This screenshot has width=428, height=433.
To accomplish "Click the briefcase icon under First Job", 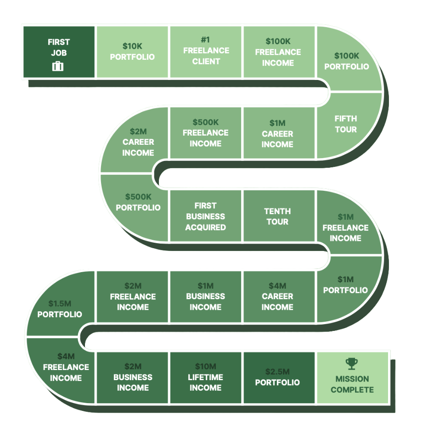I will tap(58, 67).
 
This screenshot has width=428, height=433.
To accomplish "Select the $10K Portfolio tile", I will tap(132, 51).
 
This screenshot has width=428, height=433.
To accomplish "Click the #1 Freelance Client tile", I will tap(206, 51).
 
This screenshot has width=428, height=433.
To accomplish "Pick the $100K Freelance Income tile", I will tap(278, 52).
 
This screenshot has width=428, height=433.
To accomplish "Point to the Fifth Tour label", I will tap(346, 124).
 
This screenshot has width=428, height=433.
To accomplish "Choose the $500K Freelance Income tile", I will tap(205, 133).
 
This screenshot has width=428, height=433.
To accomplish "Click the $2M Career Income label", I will tap(138, 142).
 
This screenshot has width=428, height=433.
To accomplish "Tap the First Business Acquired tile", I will tap(205, 216).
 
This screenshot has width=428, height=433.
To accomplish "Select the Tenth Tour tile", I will tap(277, 216).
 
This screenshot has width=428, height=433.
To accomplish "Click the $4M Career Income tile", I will tap(277, 296).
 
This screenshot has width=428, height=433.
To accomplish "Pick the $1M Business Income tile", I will tap(205, 296).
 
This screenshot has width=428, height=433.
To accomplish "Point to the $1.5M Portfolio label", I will tap(60, 309).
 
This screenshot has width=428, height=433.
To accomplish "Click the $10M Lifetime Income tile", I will tap(205, 377).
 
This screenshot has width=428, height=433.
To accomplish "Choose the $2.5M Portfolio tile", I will tap(277, 377).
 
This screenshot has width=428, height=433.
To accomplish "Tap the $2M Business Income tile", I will tap(133, 377).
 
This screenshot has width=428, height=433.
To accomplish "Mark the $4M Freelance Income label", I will tap(66, 367).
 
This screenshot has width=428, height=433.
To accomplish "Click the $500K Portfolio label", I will tap(138, 202).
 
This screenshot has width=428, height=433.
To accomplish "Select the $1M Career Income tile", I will tap(277, 133).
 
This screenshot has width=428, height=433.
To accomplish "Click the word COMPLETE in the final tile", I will tap(352, 390).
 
